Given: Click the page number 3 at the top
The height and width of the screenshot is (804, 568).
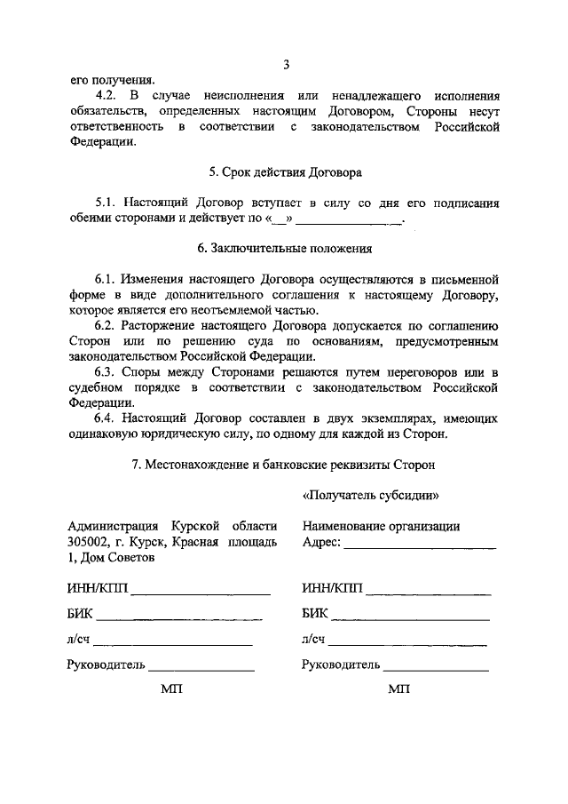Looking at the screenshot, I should click(x=286, y=64).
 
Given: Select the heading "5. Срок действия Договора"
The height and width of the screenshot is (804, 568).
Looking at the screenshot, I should click(x=285, y=172).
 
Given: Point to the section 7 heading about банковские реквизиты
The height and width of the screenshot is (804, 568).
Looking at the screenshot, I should click(x=285, y=464).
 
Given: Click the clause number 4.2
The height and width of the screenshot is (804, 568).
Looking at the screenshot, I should click(x=109, y=95).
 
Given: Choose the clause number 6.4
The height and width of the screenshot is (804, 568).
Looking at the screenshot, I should click(x=109, y=418).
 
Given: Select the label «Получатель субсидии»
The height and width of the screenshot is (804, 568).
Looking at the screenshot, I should click(x=371, y=495).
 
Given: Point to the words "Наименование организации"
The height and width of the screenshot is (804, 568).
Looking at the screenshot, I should click(x=381, y=526).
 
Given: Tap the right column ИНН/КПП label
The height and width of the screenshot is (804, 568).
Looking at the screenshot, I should click(x=332, y=588).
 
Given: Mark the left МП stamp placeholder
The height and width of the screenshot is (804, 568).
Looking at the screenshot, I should click(x=170, y=689).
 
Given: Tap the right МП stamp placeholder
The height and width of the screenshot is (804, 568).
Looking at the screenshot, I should click(x=398, y=689).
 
